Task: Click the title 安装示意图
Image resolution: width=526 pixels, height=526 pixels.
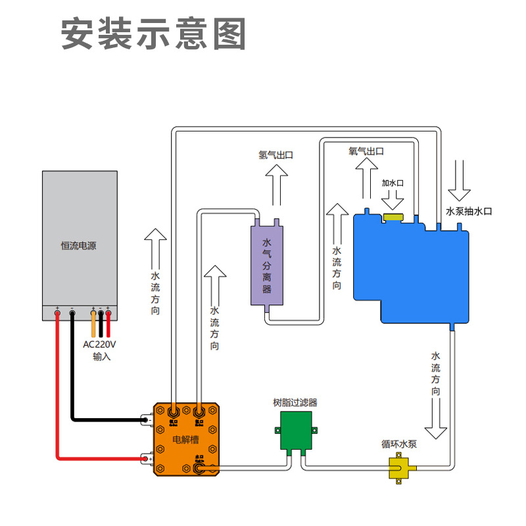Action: [154, 34]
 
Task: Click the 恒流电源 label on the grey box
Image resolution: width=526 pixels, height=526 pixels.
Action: [79, 246]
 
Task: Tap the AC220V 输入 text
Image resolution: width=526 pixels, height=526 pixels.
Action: [99, 350]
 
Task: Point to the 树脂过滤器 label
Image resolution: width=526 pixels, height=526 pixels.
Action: [295, 402]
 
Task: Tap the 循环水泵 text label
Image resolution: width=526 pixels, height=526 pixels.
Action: [399, 444]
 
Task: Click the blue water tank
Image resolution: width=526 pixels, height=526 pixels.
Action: [411, 270]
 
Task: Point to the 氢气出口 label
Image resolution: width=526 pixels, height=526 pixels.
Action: [275, 155]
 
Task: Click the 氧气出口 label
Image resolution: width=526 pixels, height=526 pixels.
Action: [366, 151]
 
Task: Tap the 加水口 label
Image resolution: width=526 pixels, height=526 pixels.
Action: [392, 182]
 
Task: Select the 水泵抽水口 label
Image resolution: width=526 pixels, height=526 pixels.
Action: [469, 211]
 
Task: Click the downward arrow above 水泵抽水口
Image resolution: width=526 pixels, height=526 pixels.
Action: [459, 180]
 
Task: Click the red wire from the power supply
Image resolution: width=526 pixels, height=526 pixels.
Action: [58, 394]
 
